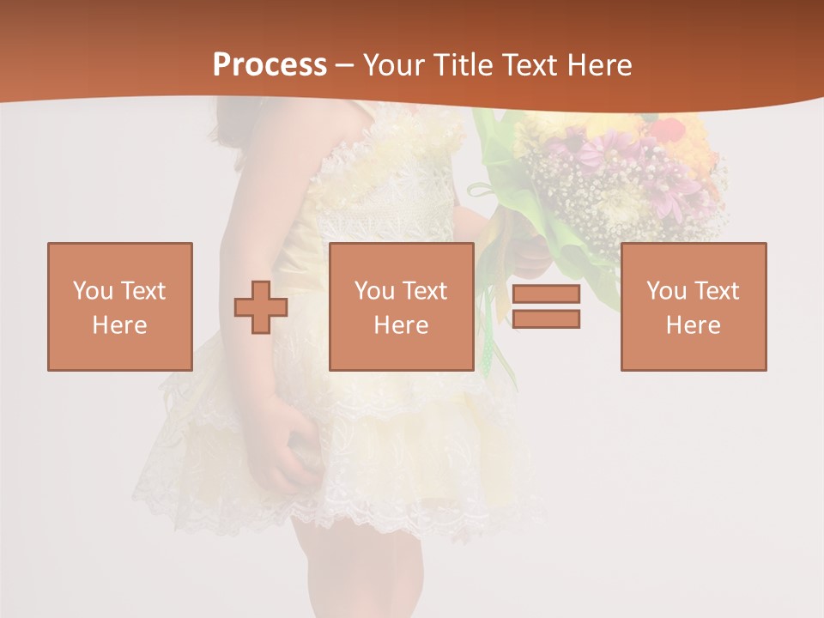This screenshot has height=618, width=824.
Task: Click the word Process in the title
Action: click(270, 65)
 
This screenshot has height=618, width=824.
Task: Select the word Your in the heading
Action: click(394, 65)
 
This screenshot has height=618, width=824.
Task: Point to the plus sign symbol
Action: click(261, 306)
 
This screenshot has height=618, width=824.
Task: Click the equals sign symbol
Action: click(546, 306)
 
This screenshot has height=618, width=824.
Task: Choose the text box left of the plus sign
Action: click(120, 306)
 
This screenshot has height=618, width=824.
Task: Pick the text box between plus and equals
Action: click(402, 306)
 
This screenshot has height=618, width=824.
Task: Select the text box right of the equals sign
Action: click(694, 306)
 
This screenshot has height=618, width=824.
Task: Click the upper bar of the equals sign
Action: click(546, 294)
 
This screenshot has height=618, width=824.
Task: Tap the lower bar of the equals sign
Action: click(546, 318)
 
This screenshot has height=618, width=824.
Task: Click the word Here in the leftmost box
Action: click(120, 325)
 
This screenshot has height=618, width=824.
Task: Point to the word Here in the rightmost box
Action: click(694, 325)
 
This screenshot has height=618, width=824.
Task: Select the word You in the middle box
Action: click(374, 291)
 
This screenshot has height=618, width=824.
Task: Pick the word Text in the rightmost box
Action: click(718, 291)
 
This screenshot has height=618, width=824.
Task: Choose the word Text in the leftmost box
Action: click(143, 291)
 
